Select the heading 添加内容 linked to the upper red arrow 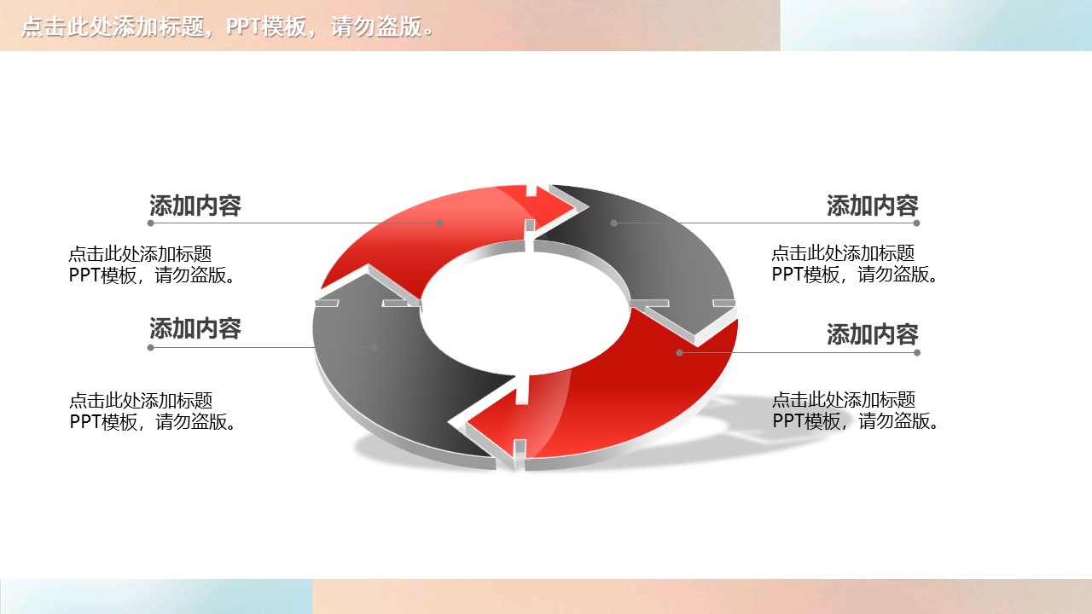point(195,206)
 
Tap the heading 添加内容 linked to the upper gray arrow point(872,206)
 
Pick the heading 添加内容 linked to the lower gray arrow point(195,328)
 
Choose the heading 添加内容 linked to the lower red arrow point(872,334)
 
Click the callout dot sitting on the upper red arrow point(440,223)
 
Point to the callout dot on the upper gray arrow point(613,223)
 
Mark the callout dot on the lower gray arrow point(375,347)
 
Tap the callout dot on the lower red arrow point(680,352)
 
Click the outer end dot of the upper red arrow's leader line point(150,223)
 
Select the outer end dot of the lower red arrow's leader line point(917,352)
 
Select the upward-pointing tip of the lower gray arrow point(367,275)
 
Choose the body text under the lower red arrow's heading point(856,410)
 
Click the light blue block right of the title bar point(936,26)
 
